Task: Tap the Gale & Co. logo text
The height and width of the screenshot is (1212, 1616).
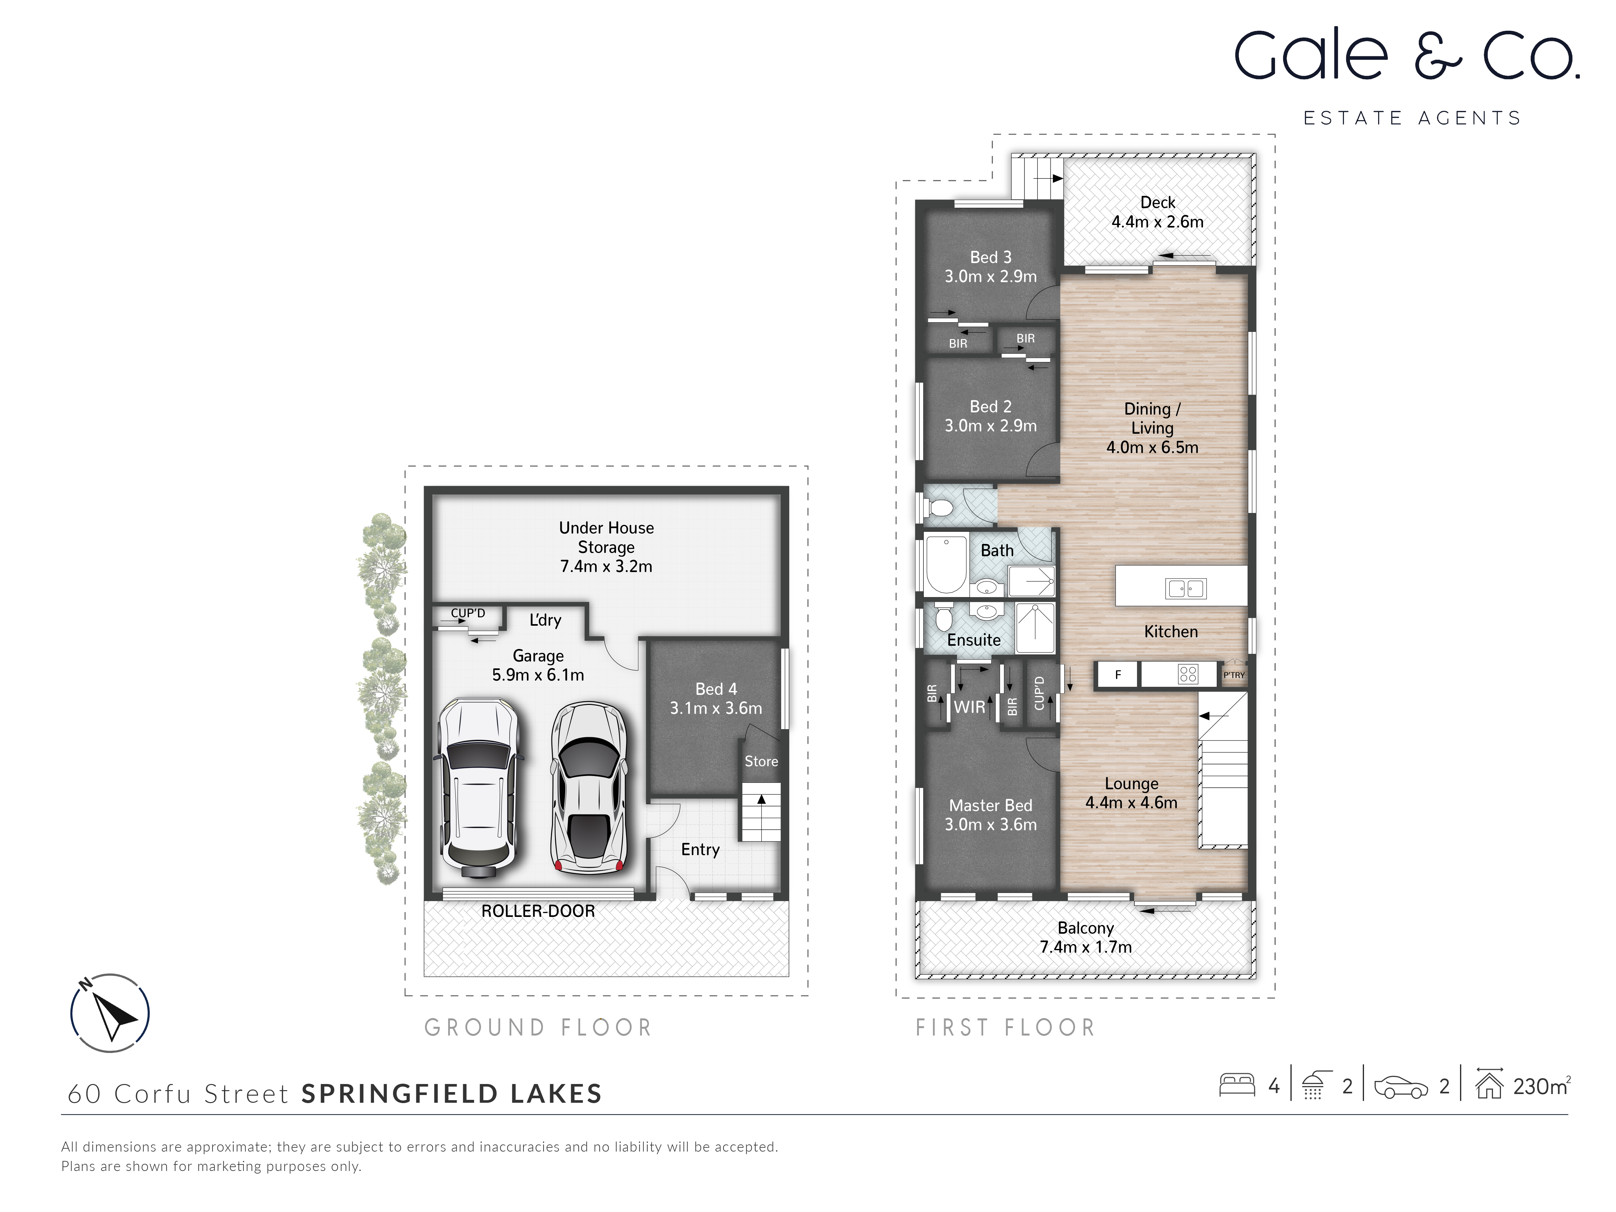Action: click(x=1406, y=56)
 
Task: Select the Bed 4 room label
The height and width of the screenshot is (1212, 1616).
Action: click(x=716, y=689)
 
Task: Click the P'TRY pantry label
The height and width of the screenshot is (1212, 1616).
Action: click(x=1234, y=675)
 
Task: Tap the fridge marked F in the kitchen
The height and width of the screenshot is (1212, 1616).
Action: click(x=1117, y=675)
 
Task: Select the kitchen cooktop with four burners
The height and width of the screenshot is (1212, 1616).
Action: click(x=1188, y=674)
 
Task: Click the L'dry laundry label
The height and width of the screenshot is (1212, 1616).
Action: click(x=545, y=620)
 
